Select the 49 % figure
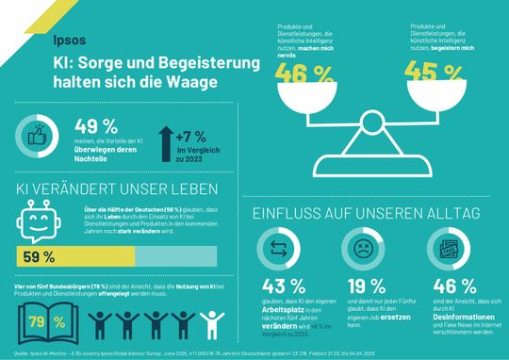pyautogui.click(x=94, y=124)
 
